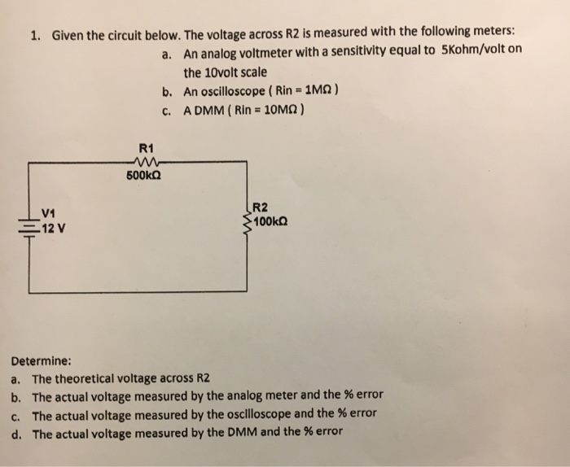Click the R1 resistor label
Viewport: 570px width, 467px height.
(x=147, y=149)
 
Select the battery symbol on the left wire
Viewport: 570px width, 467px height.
(x=28, y=220)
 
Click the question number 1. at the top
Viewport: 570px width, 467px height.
(x=36, y=36)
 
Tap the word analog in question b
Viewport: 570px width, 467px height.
(x=231, y=396)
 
